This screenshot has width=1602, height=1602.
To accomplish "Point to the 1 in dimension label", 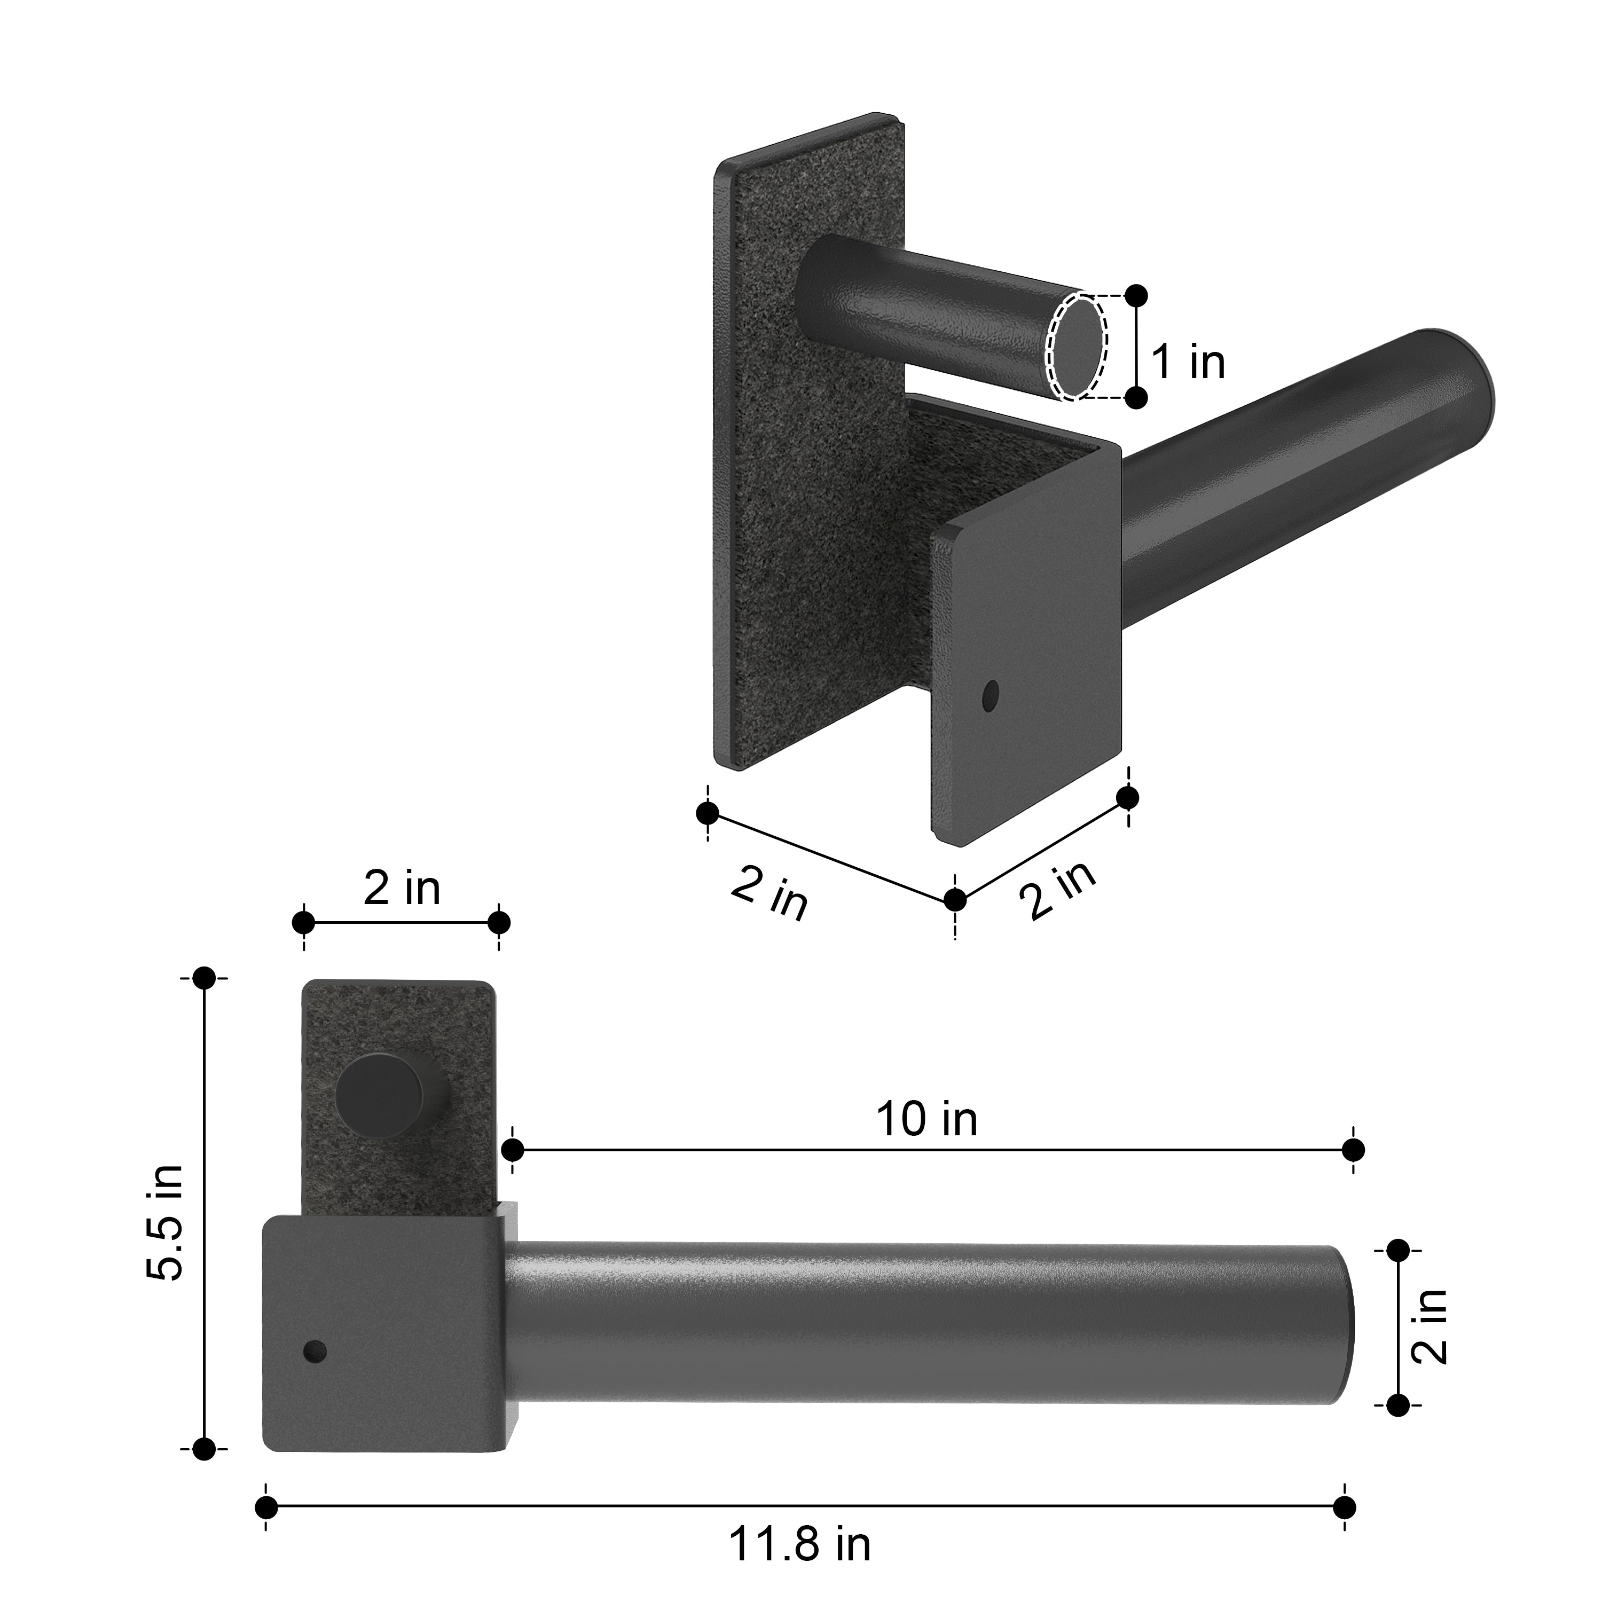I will [x=1188, y=363].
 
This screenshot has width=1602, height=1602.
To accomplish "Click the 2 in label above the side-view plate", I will [x=402, y=887].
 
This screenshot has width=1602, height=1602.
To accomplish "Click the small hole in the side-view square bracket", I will [x=315, y=1353].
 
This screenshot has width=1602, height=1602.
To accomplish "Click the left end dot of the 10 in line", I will [x=513, y=1150].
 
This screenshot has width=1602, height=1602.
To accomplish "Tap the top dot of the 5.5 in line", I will [x=204, y=978].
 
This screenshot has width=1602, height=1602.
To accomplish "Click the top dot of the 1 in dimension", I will [x=1137, y=295].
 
